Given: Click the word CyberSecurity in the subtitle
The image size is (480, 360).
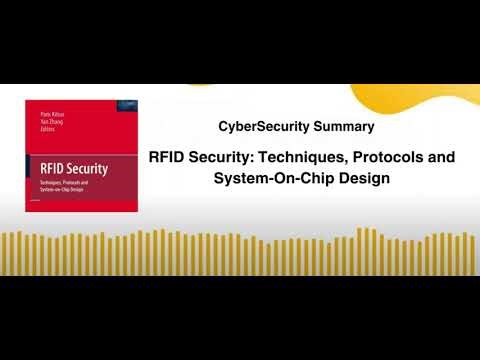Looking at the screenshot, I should click(x=258, y=127).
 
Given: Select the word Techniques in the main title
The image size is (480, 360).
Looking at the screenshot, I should click(x=301, y=158).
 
